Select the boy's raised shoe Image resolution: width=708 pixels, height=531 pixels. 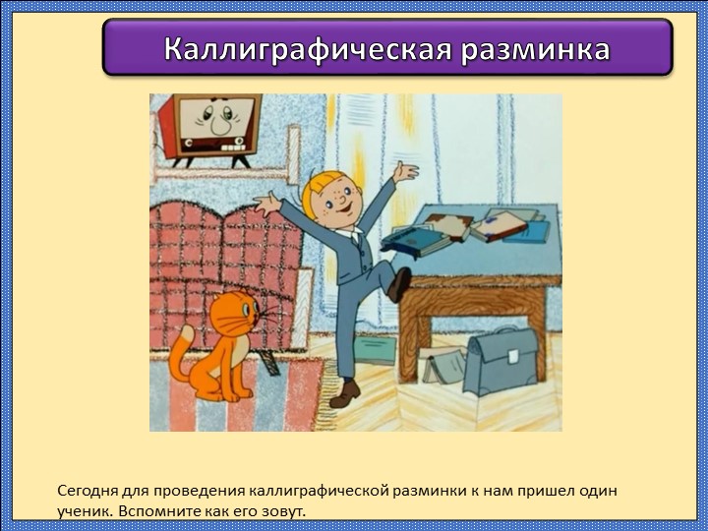[399, 284]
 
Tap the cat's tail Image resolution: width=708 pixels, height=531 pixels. [179, 360]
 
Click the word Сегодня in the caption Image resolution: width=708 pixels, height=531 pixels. [88, 490]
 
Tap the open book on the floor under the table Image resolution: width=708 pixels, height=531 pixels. [442, 365]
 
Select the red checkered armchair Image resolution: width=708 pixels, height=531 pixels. [221, 261]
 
